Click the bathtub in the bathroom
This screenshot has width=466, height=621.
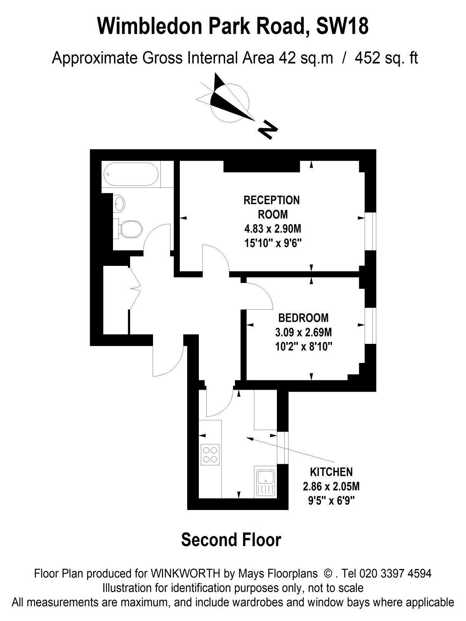[131, 174]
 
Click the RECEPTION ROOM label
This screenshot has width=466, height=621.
[271, 207]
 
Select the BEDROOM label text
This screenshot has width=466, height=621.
[303, 318]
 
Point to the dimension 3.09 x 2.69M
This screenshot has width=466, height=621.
[303, 332]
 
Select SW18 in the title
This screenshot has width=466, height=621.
[342, 26]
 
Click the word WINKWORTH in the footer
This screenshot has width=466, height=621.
[185, 574]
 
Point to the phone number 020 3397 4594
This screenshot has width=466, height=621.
[396, 574]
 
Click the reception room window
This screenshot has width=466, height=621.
[370, 231]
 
